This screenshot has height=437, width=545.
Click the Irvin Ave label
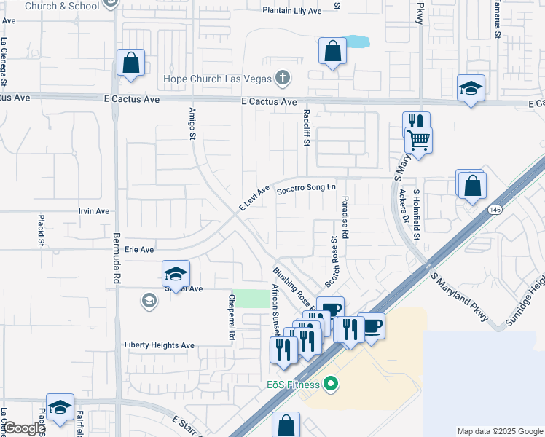click(93, 211)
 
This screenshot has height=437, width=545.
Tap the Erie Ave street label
click(139, 249)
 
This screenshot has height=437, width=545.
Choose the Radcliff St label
click(306, 127)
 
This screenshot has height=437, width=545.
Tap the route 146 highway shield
click(495, 209)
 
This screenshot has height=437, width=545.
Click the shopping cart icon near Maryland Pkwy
click(419, 139)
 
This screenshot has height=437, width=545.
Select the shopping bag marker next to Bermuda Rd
click(130, 63)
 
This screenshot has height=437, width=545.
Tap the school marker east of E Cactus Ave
click(471, 89)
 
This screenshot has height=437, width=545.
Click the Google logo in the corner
click(23, 428)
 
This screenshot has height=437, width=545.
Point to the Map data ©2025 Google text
click(499, 431)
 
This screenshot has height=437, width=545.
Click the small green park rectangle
click(254, 298)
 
